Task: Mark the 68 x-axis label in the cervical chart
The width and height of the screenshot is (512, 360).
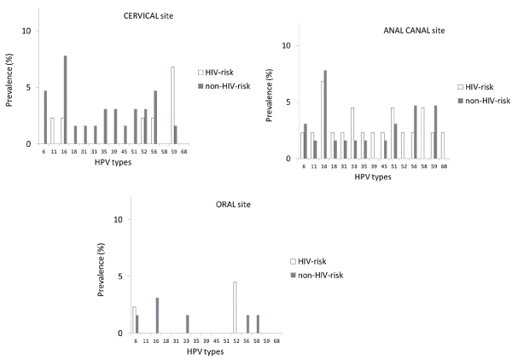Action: pyautogui.click(x=185, y=152)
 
